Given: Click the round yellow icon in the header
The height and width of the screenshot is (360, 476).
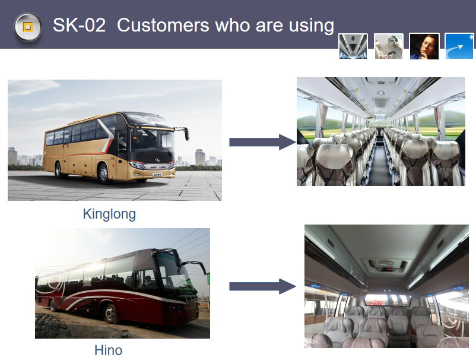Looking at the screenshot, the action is pyautogui.click(x=28, y=27).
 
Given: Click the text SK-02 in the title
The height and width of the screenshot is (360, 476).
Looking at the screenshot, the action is pyautogui.click(x=79, y=25).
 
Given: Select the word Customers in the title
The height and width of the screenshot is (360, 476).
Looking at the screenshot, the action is pyautogui.click(x=163, y=25).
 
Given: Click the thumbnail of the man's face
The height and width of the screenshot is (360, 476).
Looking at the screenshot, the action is pyautogui.click(x=424, y=46).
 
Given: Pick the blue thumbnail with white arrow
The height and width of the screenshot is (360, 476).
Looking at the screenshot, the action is pyautogui.click(x=459, y=46).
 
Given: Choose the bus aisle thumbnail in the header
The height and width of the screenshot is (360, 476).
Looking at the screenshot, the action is pyautogui.click(x=353, y=46).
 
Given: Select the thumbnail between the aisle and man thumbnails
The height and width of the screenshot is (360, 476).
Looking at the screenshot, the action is pyautogui.click(x=389, y=46).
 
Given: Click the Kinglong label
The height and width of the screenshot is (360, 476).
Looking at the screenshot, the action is pyautogui.click(x=109, y=214).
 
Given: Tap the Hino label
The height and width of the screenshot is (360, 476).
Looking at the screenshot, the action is pyautogui.click(x=109, y=350).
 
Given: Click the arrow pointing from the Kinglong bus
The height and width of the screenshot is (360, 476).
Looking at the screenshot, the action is pyautogui.click(x=262, y=142).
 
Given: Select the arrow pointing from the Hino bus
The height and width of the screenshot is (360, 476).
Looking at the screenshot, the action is pyautogui.click(x=262, y=286).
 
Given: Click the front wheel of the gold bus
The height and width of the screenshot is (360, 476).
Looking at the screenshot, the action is pyautogui.click(x=104, y=174).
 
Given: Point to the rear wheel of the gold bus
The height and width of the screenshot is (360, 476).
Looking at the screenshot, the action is pyautogui.click(x=58, y=170).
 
